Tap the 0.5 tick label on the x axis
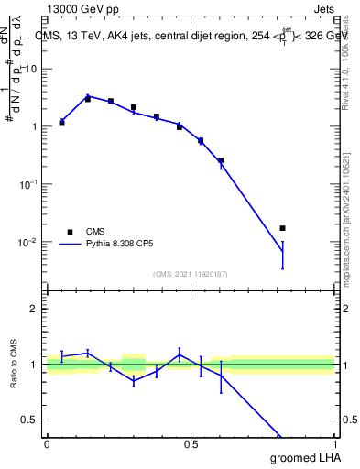pos(191,445)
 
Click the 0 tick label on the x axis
pos(47,445)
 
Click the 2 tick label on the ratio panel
pos(35,310)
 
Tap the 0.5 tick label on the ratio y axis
pos(29,420)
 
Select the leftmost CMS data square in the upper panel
pos(61,122)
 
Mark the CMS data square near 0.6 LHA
pos(221,160)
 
